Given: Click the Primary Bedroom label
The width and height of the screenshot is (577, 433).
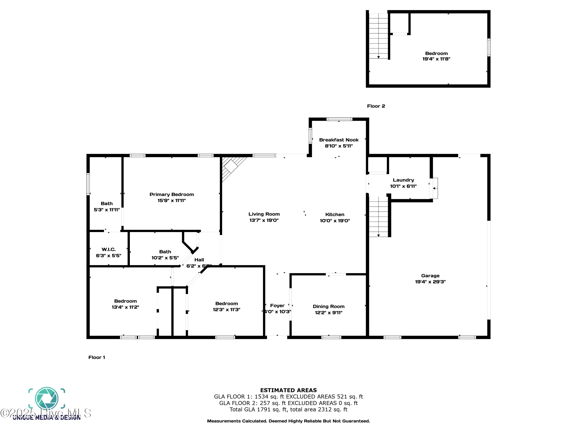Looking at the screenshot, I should coord(172,194).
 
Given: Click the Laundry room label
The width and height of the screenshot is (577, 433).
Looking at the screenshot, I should coord(403,180).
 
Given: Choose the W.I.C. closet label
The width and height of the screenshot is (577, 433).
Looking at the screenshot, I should coord(108,250).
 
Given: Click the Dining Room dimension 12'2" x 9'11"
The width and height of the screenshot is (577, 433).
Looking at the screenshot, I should coord(329,313).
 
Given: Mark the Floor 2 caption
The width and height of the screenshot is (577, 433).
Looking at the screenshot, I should coord(376,106).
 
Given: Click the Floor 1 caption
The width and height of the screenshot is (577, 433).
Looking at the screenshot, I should coord(97,357).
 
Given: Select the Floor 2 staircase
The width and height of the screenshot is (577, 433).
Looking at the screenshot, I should coord(379,36).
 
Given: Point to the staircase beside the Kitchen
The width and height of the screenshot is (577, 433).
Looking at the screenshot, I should coord(379,217).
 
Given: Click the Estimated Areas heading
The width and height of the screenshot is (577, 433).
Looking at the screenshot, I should coord(288,390).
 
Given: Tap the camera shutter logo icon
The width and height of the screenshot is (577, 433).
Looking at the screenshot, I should coord(47,399).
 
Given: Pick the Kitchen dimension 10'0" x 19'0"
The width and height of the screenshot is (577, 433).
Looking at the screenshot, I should coord(335,221).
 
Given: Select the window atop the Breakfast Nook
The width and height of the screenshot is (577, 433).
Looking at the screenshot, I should coord(339,119).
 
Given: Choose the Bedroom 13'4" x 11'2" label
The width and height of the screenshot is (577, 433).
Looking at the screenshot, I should coord(125,301).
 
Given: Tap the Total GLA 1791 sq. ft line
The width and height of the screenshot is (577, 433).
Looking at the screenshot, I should coord(288,410).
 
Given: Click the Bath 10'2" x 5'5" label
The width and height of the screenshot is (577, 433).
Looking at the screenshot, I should coord(165,252).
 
